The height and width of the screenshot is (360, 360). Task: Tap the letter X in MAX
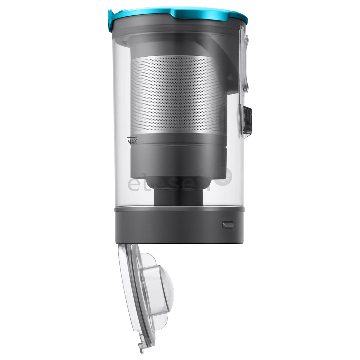pyautogui.click(x=136, y=142)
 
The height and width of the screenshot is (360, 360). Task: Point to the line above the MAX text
pyautogui.click(x=132, y=137)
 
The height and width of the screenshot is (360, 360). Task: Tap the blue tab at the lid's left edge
pyautogui.click(x=110, y=17)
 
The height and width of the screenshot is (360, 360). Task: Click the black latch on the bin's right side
pyautogui.click(x=247, y=119)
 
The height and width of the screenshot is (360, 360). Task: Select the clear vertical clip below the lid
pyautogui.click(x=244, y=60)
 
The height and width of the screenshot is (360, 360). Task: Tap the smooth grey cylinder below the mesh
pyautogui.click(x=178, y=157)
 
